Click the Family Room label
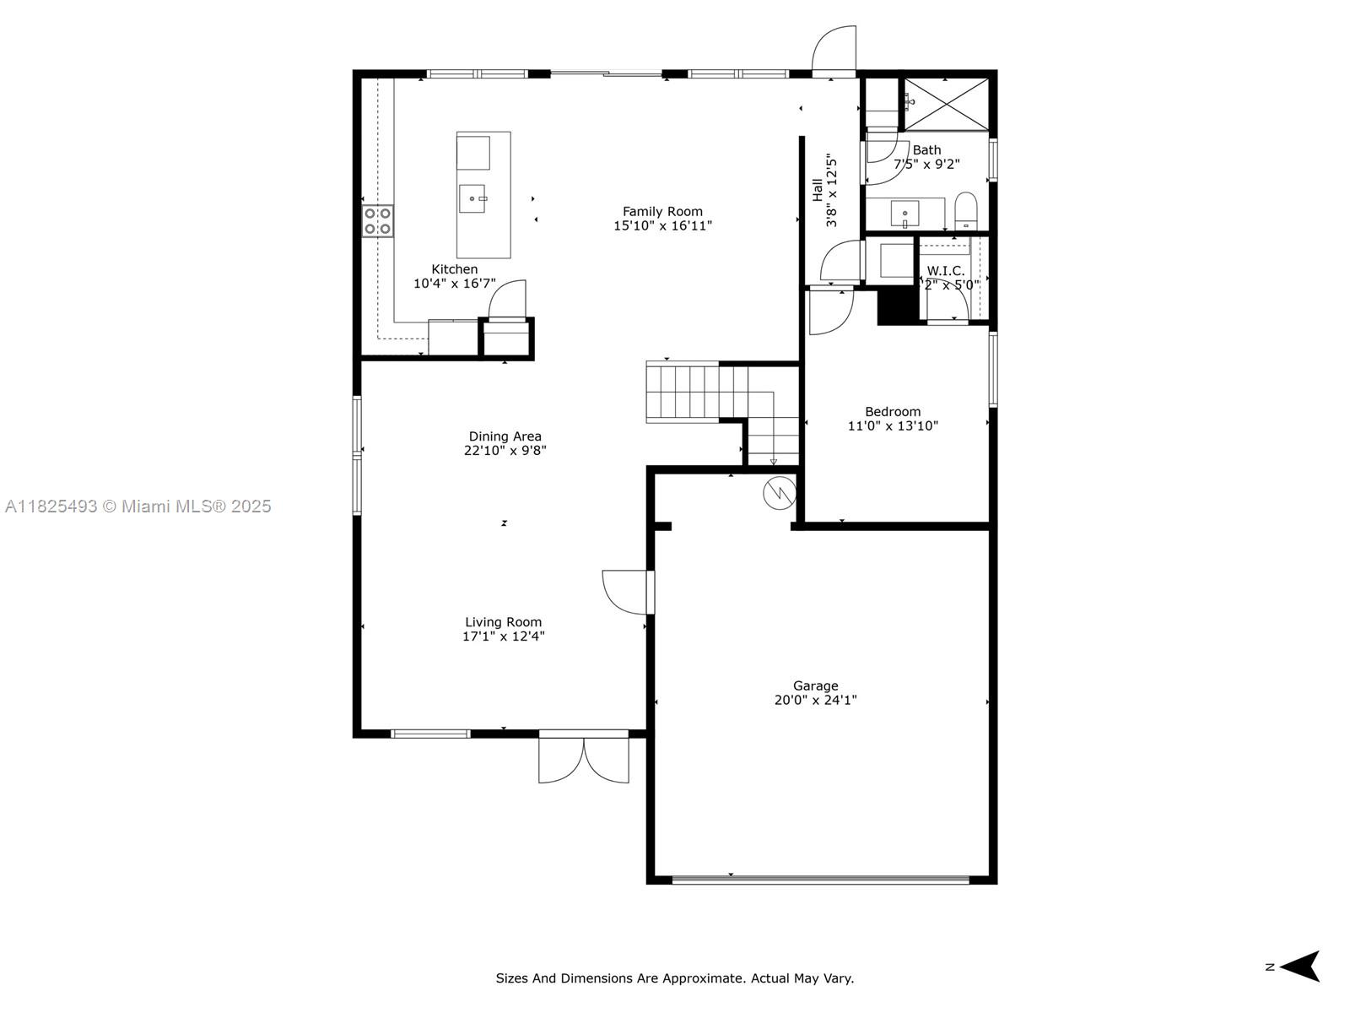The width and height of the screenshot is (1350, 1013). coord(662,212)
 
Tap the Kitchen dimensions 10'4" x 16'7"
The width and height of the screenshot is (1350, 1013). coord(454,284)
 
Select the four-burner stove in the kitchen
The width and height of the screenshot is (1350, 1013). coord(377,221)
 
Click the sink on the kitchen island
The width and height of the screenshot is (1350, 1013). coord(472,199)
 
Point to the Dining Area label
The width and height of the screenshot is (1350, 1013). coord(505,436)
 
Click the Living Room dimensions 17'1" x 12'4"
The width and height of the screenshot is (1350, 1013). coord(503,637)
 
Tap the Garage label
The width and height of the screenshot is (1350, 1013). coord(815,686)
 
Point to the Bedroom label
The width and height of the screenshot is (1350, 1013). coord(893,412)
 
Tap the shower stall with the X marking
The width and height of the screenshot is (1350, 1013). coord(946,104)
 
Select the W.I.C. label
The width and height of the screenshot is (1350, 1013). coord(945,271)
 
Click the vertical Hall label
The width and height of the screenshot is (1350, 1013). coord(818,190)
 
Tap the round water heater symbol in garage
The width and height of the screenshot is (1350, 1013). coord(779,492)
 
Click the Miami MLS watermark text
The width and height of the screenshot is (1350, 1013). coord(138,506)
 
